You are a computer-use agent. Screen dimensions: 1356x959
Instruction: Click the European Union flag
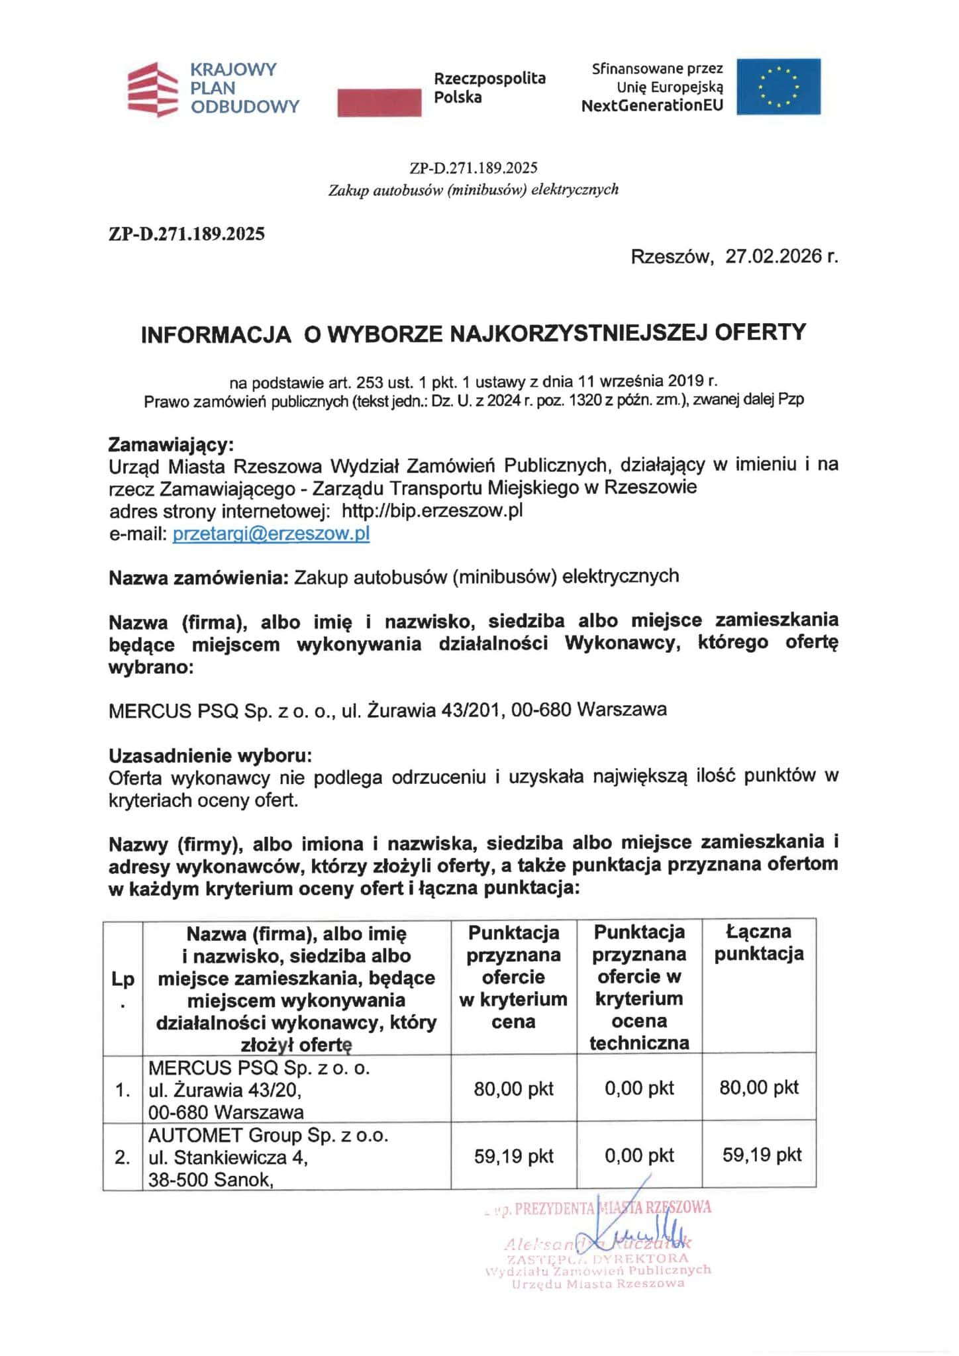point(778,87)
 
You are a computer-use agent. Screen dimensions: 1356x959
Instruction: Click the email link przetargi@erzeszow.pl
point(271,534)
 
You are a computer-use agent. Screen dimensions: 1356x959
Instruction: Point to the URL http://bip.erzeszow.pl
point(432,511)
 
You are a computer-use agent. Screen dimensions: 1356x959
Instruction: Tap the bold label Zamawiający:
point(172,443)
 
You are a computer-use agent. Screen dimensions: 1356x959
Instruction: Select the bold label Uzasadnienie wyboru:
point(210,755)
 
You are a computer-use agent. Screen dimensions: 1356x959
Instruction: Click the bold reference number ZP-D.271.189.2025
point(186,234)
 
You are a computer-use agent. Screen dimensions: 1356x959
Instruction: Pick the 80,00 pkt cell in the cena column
point(513,1089)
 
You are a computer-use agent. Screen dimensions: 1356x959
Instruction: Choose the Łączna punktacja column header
point(759,943)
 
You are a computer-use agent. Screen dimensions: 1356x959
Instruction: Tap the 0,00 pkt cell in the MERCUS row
point(639,1089)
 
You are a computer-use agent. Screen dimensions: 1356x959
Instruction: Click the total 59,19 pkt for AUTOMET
point(762,1155)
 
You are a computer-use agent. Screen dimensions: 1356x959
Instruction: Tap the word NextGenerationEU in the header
point(652,105)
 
